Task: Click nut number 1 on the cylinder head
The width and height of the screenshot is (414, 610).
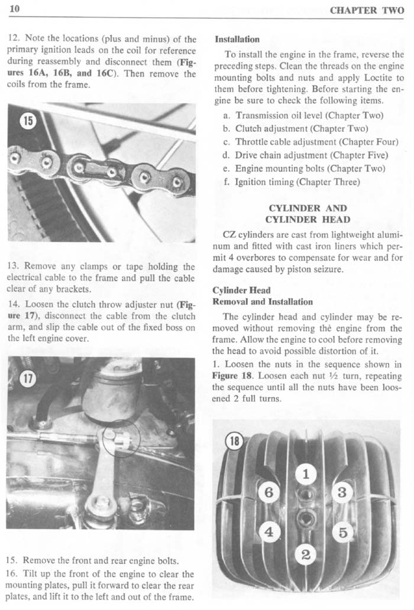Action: [305, 474]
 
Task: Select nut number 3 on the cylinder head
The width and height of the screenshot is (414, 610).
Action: [342, 492]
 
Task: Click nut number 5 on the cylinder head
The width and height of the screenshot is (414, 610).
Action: [343, 532]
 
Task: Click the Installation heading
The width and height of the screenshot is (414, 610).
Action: [237, 40]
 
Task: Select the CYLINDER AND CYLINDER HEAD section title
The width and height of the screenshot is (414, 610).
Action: [308, 214]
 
